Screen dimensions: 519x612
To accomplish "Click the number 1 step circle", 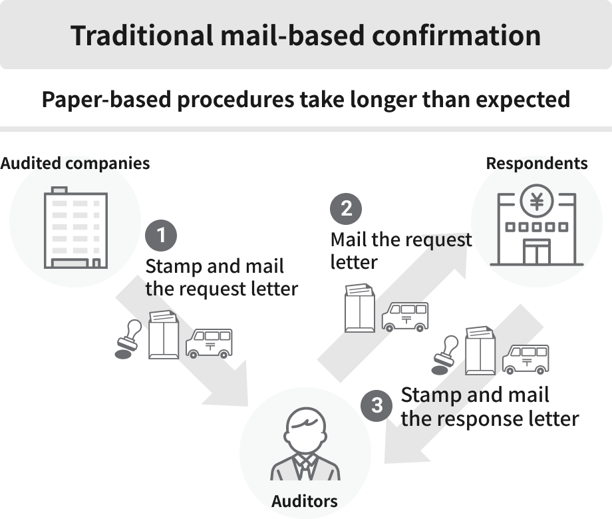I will (x=160, y=236).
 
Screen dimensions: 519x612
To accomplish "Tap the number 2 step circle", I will (x=346, y=209).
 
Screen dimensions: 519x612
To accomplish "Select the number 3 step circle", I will (x=377, y=405).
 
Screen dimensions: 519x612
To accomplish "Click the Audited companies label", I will (x=75, y=164).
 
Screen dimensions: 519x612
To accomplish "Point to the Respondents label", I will (x=537, y=164).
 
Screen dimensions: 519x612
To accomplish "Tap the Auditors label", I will (x=305, y=500).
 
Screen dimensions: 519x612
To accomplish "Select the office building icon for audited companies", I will (x=75, y=230).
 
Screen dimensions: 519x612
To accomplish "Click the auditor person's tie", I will (x=305, y=466).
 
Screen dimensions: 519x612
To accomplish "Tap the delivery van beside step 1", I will (x=209, y=343).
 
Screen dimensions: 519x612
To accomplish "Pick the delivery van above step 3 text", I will (x=526, y=359).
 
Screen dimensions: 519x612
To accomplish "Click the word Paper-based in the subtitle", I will (x=109, y=100).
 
